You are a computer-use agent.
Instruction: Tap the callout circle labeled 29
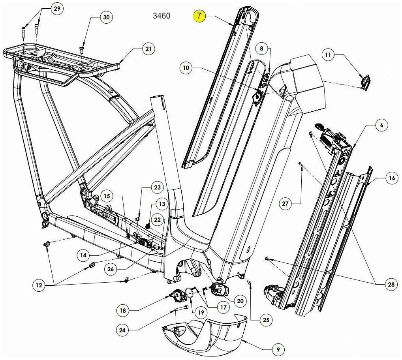[57, 8]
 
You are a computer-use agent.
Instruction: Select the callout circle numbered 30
[106, 17]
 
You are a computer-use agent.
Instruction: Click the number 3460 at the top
[162, 16]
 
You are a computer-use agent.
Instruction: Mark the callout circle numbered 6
[381, 125]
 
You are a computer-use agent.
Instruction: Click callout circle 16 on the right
[392, 177]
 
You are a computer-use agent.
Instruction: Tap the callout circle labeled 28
[391, 284]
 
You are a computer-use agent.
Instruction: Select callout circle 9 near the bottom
[278, 349]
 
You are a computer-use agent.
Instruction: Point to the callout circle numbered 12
[39, 285]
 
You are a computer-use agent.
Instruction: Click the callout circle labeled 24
[122, 330]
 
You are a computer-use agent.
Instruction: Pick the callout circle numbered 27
[286, 204]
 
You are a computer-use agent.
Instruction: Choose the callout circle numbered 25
[266, 320]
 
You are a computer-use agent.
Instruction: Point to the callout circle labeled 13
[162, 204]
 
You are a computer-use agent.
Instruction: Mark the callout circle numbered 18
[123, 311]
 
